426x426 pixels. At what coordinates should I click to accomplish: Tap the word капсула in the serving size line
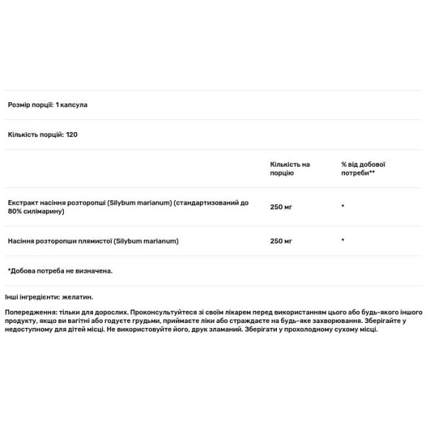pos(75,104)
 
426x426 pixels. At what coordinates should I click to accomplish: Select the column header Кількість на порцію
pos(290,169)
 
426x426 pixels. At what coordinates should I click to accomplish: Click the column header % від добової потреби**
pos(363,169)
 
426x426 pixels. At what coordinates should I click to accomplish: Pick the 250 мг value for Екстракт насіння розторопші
pos(281,207)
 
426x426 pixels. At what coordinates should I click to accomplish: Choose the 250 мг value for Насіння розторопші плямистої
pos(281,241)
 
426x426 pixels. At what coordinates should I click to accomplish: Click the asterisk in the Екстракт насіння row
pos(343,207)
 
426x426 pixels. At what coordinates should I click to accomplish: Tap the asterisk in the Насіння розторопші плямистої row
pos(343,241)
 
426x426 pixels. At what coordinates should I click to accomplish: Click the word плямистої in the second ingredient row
pos(94,241)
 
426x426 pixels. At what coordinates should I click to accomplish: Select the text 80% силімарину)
pos(35,212)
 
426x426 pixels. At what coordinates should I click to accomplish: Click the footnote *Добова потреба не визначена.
pos(60,271)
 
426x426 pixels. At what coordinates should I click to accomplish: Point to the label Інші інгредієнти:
pos(31,297)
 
